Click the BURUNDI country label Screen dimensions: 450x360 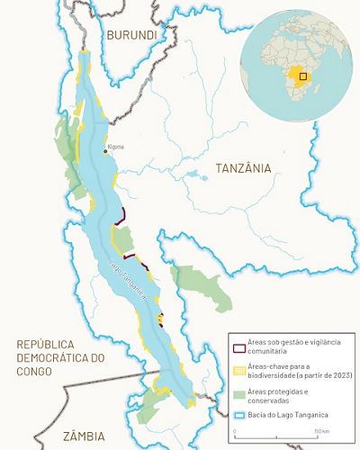click(x=131, y=35)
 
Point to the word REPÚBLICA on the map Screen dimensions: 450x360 click(x=54, y=344)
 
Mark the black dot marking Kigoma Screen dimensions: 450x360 click(x=105, y=151)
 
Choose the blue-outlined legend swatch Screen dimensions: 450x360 click(x=238, y=413)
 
